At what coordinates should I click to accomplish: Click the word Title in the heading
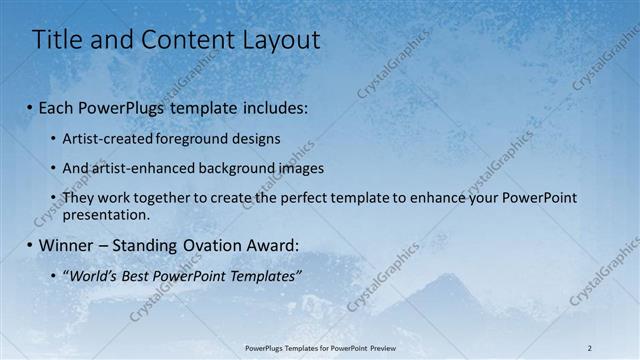[58, 40]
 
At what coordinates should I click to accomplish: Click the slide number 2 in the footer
[590, 347]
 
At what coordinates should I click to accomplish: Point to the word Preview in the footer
[383, 347]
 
